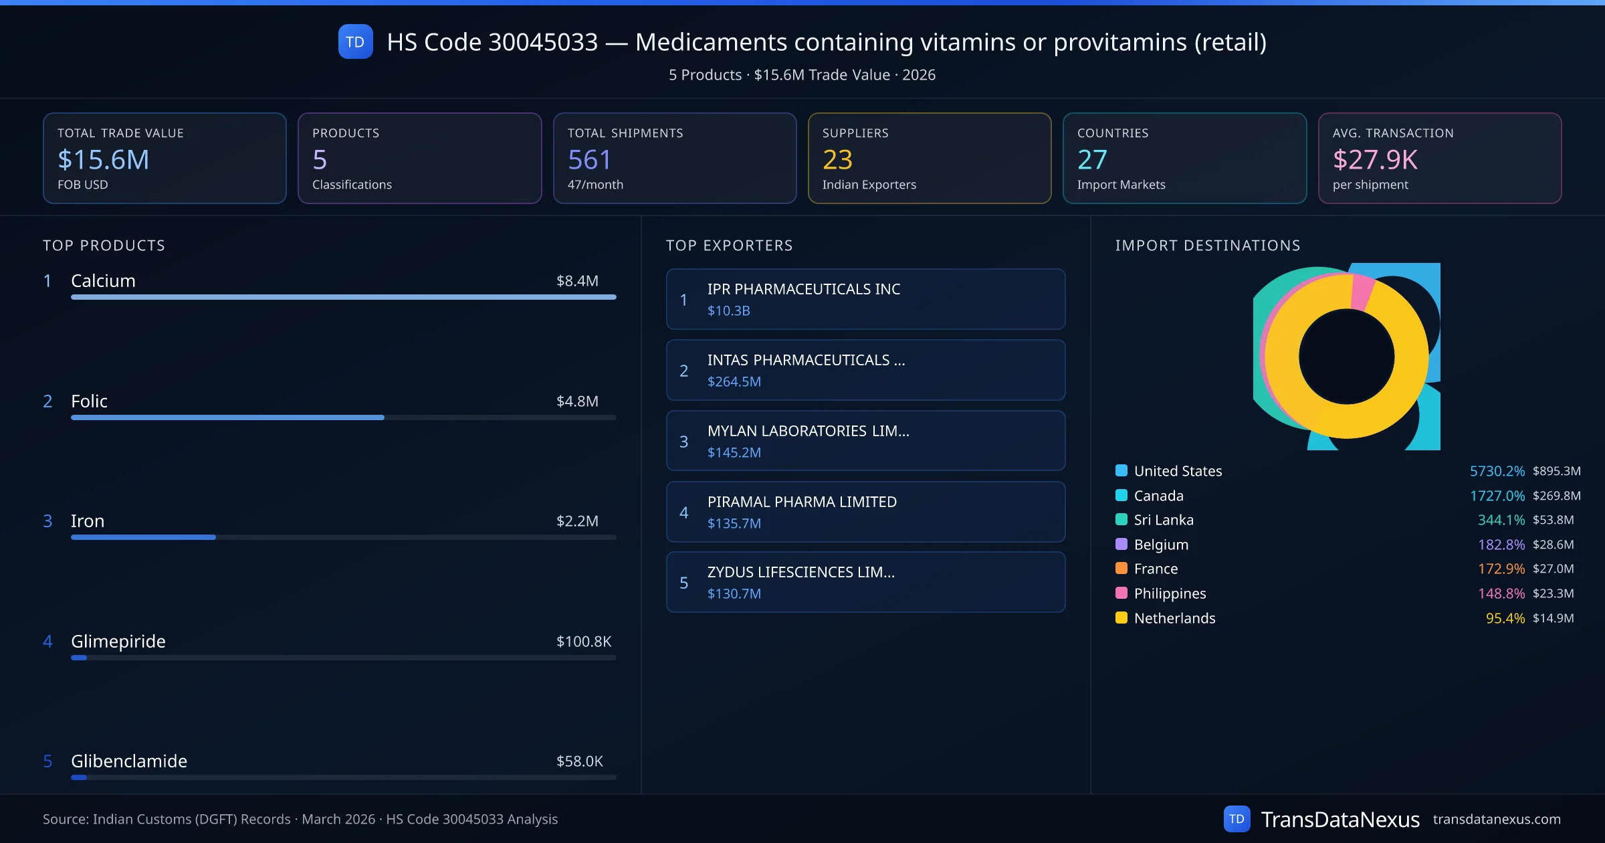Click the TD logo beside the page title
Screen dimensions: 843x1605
tap(355, 41)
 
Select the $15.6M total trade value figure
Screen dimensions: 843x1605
tap(104, 159)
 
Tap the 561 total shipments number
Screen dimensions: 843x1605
tap(589, 159)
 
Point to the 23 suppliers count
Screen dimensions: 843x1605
tap(837, 159)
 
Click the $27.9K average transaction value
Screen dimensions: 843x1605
tap(1375, 159)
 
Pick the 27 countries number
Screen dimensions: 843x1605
tap(1092, 159)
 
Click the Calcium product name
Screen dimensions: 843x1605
tap(103, 281)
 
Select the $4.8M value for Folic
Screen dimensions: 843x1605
tap(577, 401)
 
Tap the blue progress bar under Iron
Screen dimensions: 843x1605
tap(143, 537)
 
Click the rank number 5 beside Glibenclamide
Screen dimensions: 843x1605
tap(47, 761)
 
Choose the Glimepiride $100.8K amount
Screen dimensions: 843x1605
tap(583, 642)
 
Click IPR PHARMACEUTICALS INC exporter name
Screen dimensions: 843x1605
tap(804, 289)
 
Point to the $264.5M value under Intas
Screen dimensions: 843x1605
tap(734, 381)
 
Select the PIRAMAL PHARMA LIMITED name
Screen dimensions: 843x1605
tap(802, 502)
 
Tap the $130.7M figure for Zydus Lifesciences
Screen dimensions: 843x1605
tap(734, 593)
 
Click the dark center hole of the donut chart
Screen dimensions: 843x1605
tap(1346, 357)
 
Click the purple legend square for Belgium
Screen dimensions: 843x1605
tap(1121, 544)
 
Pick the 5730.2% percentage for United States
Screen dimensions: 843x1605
tap(1497, 471)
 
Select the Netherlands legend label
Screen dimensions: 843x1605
tap(1174, 618)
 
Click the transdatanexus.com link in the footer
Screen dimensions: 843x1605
tap(1497, 819)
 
